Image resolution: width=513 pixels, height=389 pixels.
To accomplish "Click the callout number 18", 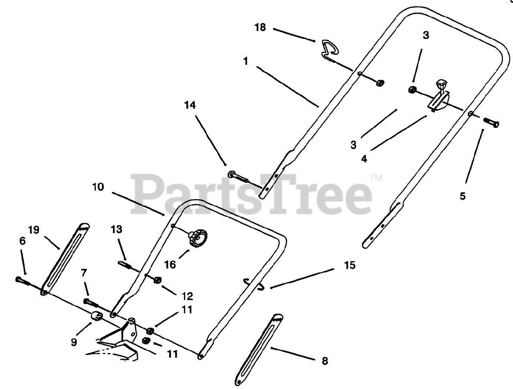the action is click(x=260, y=28).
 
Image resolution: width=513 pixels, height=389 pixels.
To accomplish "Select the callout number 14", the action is click(x=190, y=105).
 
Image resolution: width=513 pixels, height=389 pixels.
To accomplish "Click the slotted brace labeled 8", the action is click(x=259, y=347).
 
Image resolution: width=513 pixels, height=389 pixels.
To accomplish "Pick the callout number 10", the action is click(x=98, y=187).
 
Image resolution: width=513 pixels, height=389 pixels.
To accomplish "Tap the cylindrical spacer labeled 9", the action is click(x=96, y=316).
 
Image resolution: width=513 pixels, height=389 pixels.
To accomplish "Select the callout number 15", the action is click(x=350, y=265).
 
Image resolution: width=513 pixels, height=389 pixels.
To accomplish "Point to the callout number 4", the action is click(x=364, y=158).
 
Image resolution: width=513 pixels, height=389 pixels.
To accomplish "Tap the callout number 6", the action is click(x=22, y=241).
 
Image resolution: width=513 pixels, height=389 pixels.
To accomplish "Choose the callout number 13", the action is click(x=116, y=229).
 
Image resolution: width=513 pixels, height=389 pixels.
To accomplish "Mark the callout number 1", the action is click(x=246, y=61).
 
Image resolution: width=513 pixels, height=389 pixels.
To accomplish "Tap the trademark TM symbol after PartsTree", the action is click(x=376, y=177).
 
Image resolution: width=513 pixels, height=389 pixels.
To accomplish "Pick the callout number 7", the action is click(x=83, y=273).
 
